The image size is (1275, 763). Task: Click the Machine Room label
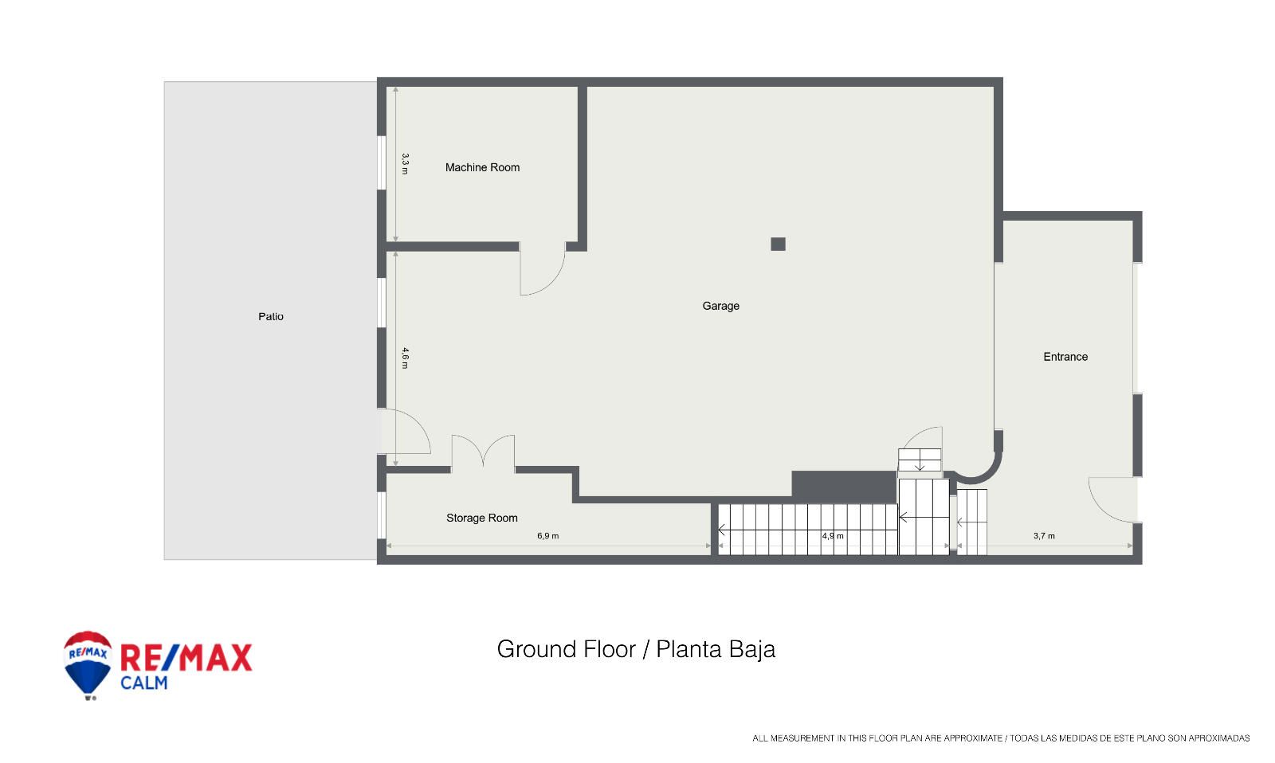click(x=482, y=167)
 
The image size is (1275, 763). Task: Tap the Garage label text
click(x=720, y=306)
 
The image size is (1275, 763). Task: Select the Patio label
click(x=271, y=316)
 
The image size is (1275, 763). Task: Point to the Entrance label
click(x=1065, y=357)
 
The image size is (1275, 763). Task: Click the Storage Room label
click(x=481, y=518)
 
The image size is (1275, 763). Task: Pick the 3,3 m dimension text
click(x=406, y=164)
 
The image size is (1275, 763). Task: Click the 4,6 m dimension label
click(x=406, y=358)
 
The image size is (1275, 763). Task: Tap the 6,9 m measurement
click(x=548, y=536)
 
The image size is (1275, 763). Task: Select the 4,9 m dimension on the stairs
click(x=833, y=536)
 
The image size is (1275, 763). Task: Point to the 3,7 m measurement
click(x=1044, y=536)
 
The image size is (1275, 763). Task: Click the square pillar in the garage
click(x=778, y=244)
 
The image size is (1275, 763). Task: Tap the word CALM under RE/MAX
click(x=144, y=683)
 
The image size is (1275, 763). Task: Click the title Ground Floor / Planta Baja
click(x=636, y=649)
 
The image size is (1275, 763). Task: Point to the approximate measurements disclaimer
click(x=1001, y=738)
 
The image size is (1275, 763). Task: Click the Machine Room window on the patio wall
click(x=382, y=162)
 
